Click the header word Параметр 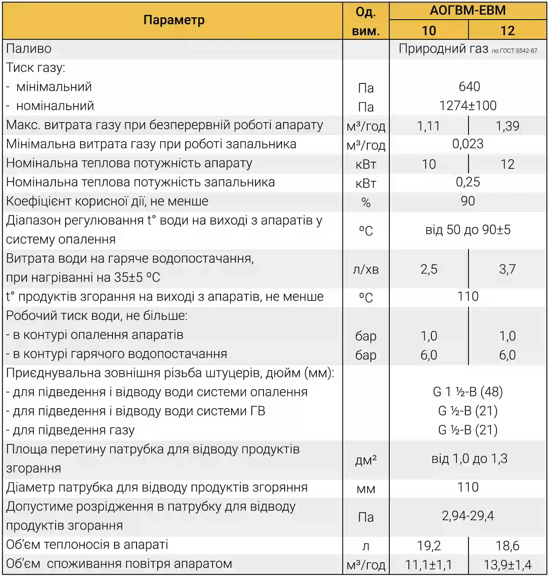174,20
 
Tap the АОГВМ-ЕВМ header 468,11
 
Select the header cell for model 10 429,30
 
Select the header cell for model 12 507,30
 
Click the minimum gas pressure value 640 469,87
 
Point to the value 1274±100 468,106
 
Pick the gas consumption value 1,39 507,126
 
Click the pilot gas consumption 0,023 468,144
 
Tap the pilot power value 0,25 468,182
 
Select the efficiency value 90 468,201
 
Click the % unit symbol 365,202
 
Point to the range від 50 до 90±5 468,230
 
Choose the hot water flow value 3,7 507,269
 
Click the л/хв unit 365,269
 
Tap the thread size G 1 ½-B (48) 468,392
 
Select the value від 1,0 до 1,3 469,459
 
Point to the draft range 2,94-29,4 468,516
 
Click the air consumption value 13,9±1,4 507,565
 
